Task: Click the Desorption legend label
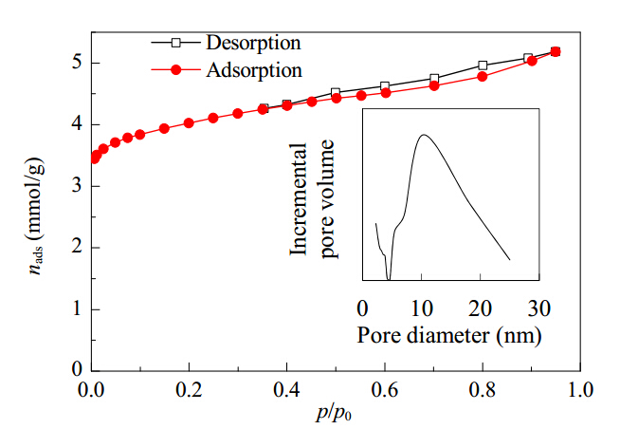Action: [253, 43]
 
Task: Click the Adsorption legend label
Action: [254, 70]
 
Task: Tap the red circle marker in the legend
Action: [176, 70]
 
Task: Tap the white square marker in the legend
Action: [176, 43]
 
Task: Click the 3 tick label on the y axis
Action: [78, 186]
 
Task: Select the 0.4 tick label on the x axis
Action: [286, 390]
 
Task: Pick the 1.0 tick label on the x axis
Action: [580, 390]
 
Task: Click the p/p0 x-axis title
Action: [334, 413]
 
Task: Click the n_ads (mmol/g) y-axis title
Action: [34, 216]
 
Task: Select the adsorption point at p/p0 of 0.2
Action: [189, 123]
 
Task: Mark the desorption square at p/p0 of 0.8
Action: [483, 65]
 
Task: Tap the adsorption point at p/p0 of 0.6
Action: [386, 93]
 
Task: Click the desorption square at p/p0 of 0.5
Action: [336, 93]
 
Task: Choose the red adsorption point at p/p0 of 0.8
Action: [483, 76]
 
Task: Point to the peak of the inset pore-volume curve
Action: [424, 135]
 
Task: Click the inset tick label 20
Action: [480, 308]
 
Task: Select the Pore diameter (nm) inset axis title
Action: [449, 336]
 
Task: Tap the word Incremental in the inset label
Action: [299, 199]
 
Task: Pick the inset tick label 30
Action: [538, 308]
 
